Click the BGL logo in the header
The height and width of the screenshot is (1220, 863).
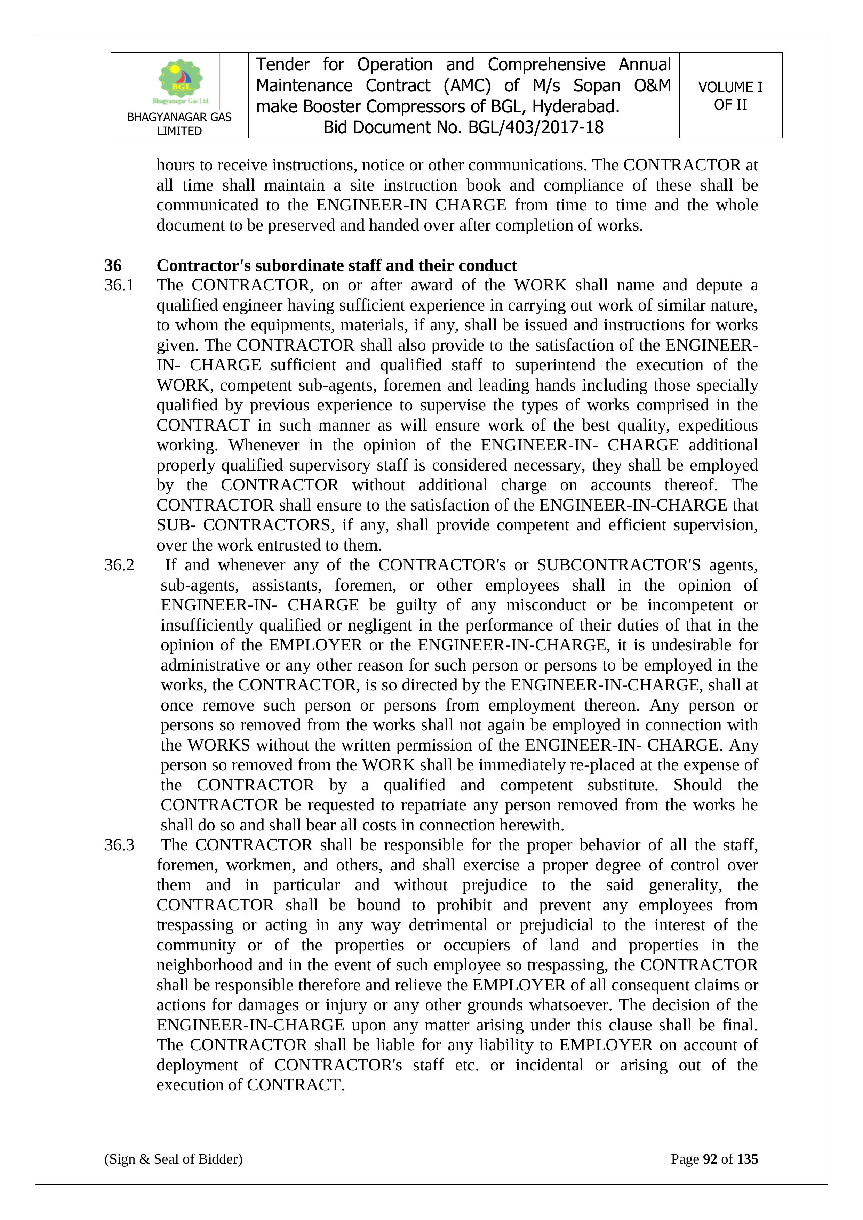[181, 82]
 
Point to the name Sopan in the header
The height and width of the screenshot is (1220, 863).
[597, 86]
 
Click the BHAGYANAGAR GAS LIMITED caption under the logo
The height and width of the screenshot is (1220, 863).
[179, 124]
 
